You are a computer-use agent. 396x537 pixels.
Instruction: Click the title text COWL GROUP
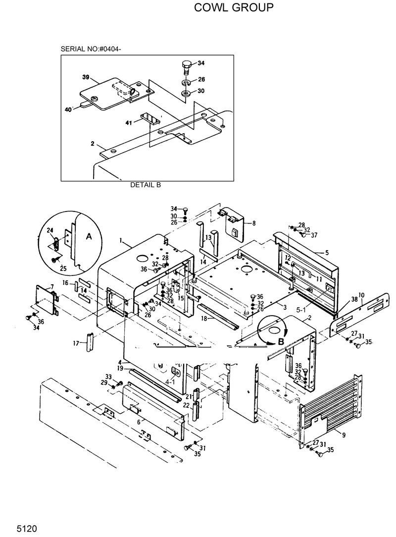[x=233, y=7]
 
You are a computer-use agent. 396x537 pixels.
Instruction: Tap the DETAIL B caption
[x=146, y=185]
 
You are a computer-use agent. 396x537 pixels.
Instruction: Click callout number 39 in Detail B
[x=86, y=77]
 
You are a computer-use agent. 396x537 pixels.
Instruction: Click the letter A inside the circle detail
[x=89, y=237]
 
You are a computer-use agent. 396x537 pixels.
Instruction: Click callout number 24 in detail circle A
[x=50, y=230]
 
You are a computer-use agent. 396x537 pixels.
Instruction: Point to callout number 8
[x=253, y=223]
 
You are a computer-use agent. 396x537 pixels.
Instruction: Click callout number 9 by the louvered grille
[x=343, y=433]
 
